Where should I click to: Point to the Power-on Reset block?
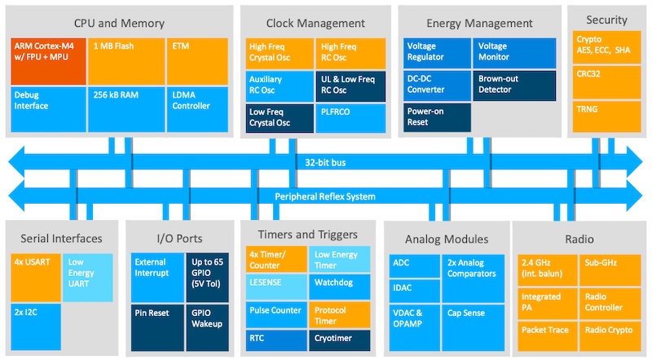[437, 118]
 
